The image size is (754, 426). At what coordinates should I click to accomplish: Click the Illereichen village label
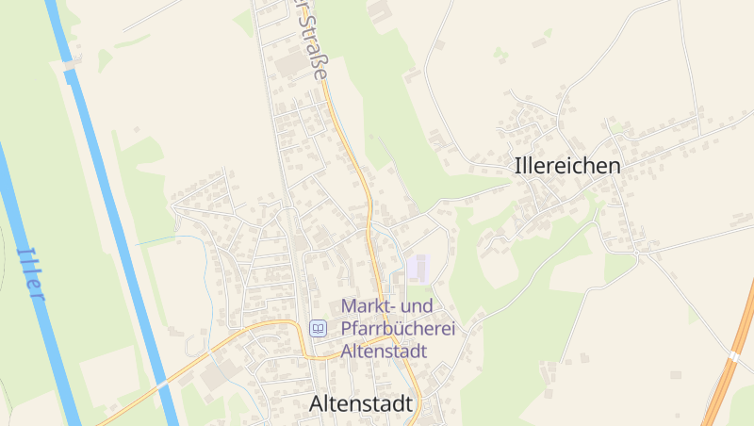pyautogui.click(x=567, y=166)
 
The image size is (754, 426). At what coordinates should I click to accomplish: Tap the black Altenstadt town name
pyautogui.click(x=361, y=403)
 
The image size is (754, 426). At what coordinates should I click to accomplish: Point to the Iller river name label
pyautogui.click(x=32, y=273)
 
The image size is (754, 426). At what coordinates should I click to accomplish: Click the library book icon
pyautogui.click(x=318, y=328)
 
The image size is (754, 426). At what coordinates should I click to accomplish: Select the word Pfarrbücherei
pyautogui.click(x=398, y=329)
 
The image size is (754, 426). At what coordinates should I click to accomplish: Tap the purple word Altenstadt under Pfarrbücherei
pyautogui.click(x=384, y=351)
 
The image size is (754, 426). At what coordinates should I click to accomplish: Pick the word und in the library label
pyautogui.click(x=419, y=306)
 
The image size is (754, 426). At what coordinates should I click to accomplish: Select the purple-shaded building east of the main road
pyautogui.click(x=418, y=268)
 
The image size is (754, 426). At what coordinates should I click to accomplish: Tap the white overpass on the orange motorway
pyautogui.click(x=732, y=356)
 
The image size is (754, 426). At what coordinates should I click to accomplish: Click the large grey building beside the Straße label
pyautogui.click(x=288, y=64)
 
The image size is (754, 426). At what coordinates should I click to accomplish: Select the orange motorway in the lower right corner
pyautogui.click(x=726, y=377)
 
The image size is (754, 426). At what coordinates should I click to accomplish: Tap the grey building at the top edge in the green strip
pyautogui.click(x=380, y=11)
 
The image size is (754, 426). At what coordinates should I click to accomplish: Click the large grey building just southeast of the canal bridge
pyautogui.click(x=214, y=376)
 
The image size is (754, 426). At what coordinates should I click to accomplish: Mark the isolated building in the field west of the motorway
pyautogui.click(x=675, y=374)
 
